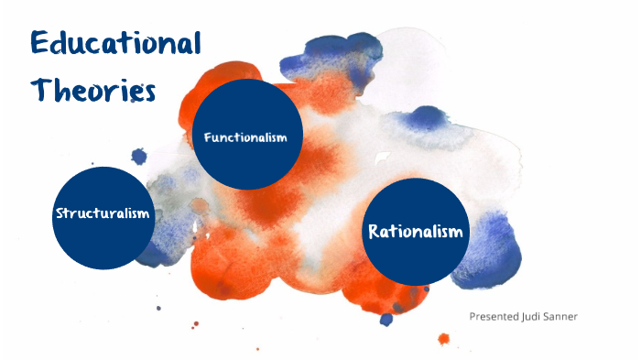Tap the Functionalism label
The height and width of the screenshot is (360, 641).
click(x=245, y=137)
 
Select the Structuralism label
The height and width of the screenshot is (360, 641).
click(x=102, y=213)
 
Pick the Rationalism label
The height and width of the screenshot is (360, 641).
click(x=416, y=231)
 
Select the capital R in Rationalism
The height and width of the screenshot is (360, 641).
click(x=374, y=231)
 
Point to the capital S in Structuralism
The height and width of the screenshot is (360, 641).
click(x=60, y=213)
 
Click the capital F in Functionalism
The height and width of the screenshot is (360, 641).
click(x=208, y=137)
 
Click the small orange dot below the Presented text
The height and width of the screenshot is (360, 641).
click(x=444, y=339)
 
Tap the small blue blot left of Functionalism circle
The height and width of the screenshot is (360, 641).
click(x=138, y=156)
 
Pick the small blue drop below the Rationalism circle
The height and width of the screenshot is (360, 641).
click(x=386, y=319)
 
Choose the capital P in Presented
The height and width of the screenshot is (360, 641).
click(x=473, y=316)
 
